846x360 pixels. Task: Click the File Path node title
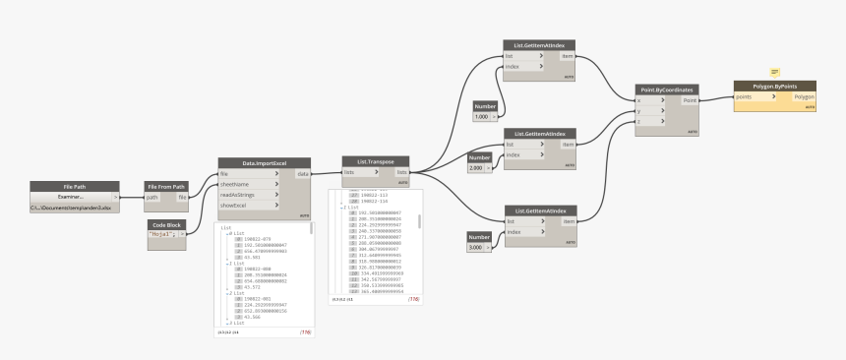(x=75, y=186)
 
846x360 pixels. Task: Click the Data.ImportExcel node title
(x=264, y=162)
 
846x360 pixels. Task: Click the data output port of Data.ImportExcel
(x=302, y=174)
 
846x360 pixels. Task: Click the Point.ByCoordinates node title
(x=667, y=89)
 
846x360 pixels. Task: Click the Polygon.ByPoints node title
(x=774, y=86)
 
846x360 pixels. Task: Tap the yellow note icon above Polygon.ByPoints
(x=774, y=72)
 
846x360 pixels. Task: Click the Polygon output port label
(x=804, y=97)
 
